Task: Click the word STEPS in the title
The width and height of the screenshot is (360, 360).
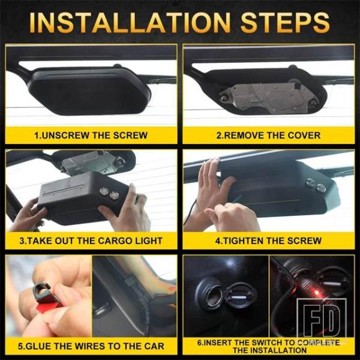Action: coord(285,23)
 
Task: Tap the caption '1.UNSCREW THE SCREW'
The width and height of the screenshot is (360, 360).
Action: coord(91,135)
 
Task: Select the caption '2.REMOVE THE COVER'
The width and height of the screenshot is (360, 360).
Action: coord(268,135)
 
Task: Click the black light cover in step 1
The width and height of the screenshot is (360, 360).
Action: coord(89,91)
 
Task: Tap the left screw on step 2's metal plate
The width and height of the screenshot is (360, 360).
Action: coord(223,99)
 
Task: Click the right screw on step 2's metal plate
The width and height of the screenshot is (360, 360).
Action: coord(312,102)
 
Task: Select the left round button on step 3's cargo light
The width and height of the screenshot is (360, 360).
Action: coord(104,191)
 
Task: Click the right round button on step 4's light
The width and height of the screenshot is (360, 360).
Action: coord(321,188)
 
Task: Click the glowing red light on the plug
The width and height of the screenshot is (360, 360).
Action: coord(317,293)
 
